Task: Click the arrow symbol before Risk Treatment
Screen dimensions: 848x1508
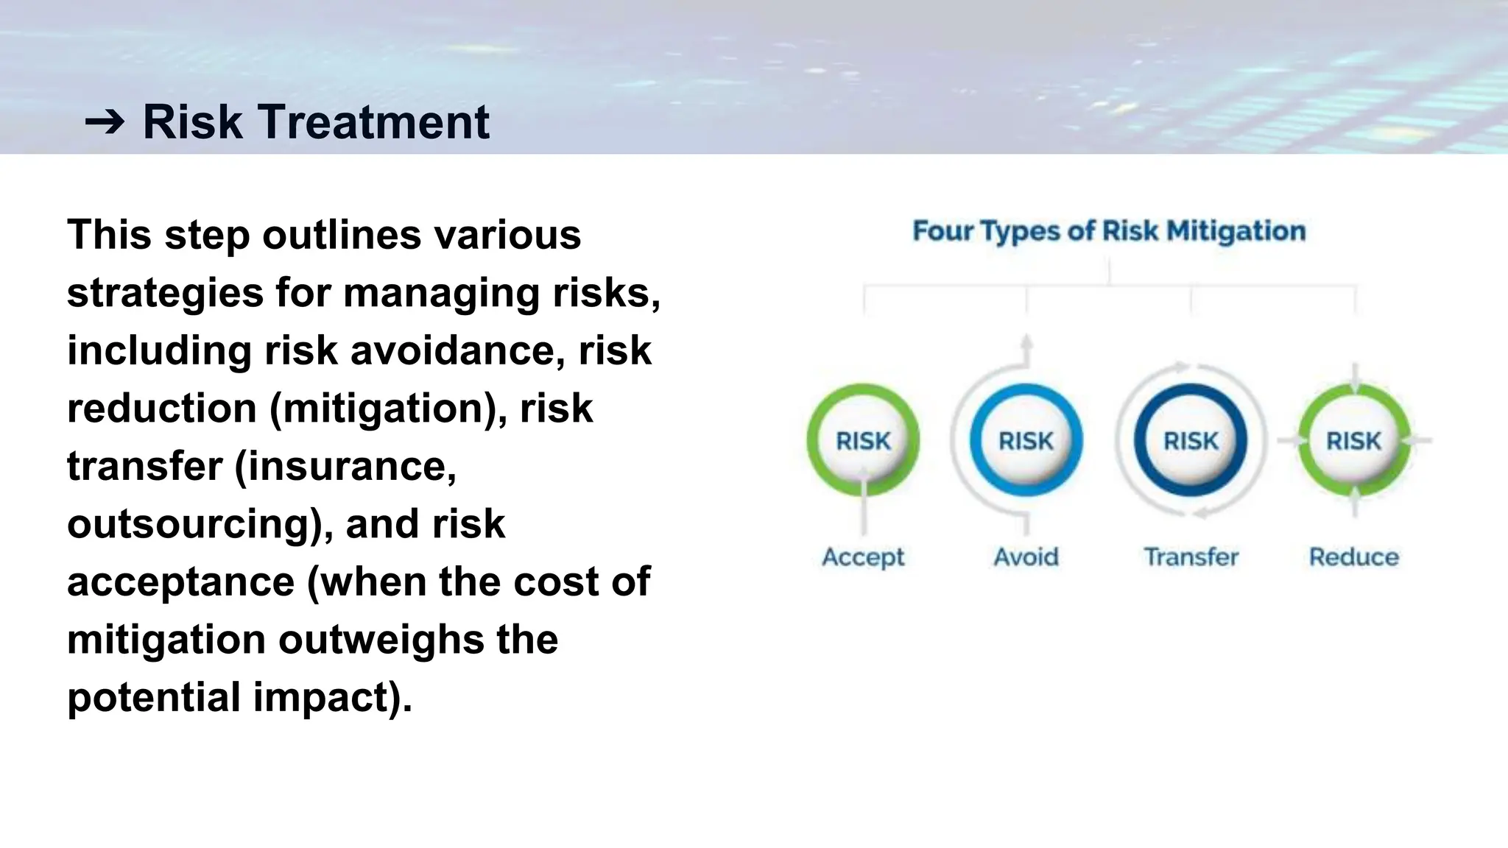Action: pyautogui.click(x=105, y=121)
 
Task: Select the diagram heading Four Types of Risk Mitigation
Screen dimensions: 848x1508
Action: pyautogui.click(x=1109, y=231)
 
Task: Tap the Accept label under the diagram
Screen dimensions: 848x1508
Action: pyautogui.click(x=863, y=557)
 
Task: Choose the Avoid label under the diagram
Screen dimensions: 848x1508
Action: pyautogui.click(x=1026, y=557)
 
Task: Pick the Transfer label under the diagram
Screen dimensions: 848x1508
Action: pyautogui.click(x=1191, y=557)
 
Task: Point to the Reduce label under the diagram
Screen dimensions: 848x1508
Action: pyautogui.click(x=1353, y=557)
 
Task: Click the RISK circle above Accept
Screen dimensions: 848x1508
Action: pyautogui.click(x=863, y=441)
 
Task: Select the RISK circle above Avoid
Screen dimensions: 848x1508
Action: pyautogui.click(x=1026, y=441)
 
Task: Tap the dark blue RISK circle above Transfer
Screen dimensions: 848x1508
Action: pyautogui.click(x=1191, y=441)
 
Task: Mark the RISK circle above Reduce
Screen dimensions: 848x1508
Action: pyautogui.click(x=1353, y=441)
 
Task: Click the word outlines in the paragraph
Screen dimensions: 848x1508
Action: pyautogui.click(x=342, y=235)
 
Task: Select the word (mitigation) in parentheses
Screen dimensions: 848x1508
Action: pyautogui.click(x=388, y=409)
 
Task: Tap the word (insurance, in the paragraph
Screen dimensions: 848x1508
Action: pyautogui.click(x=345, y=467)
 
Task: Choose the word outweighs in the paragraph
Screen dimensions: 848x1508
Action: pyautogui.click(x=381, y=640)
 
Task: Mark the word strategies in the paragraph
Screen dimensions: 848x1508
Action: pyautogui.click(x=165, y=293)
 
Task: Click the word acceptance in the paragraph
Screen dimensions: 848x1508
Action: pyautogui.click(x=180, y=582)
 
